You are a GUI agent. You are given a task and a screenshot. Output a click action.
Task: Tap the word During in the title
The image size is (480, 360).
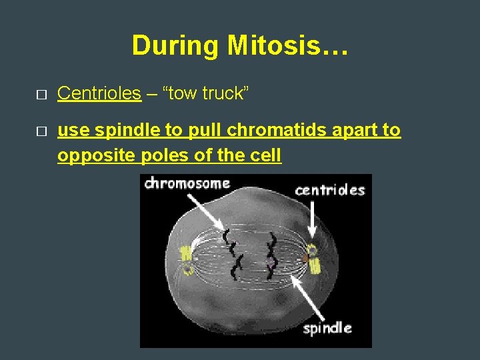pos(176,46)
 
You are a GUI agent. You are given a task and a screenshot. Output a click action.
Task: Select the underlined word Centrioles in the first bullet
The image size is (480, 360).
pos(99,93)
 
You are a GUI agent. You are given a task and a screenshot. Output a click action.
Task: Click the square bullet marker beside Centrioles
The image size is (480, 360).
pos(41,95)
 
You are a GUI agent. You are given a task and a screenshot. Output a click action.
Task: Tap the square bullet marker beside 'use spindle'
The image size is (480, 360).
pos(41,132)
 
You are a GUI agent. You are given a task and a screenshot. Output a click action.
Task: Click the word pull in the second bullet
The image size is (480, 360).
pos(208,131)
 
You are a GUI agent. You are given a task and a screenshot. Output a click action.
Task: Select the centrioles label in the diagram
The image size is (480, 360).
pos(330,190)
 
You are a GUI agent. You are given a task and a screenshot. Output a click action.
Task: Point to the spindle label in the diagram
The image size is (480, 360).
pos(327,328)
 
